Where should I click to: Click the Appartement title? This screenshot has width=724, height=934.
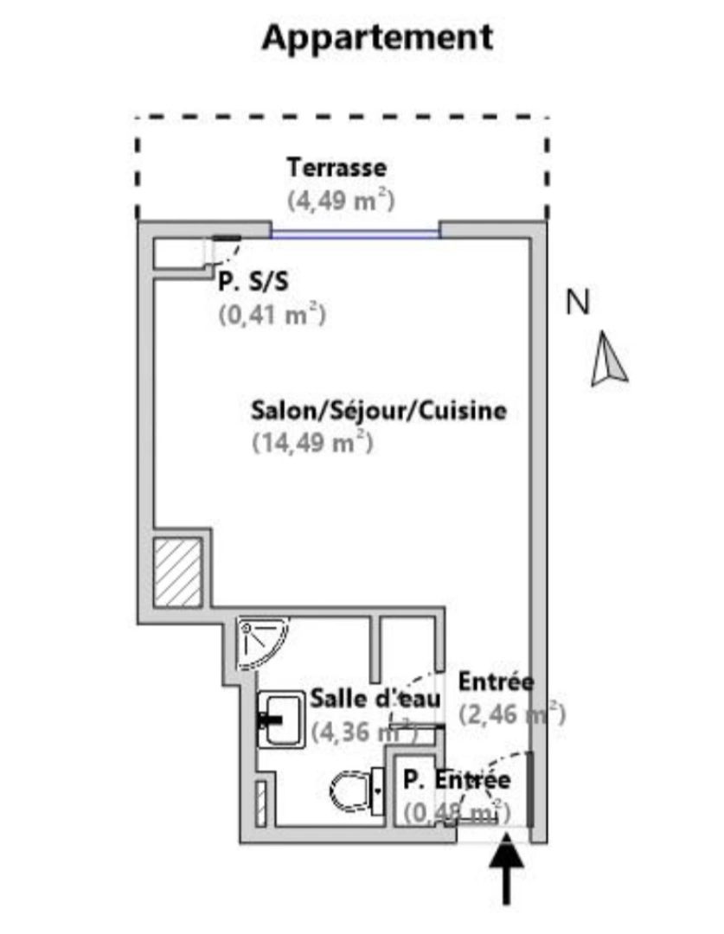(x=377, y=37)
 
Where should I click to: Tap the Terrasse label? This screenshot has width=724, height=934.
(x=336, y=167)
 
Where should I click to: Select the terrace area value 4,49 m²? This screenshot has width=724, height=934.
(x=341, y=201)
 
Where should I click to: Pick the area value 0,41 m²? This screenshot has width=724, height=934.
(x=271, y=315)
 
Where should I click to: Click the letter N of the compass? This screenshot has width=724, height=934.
(x=577, y=303)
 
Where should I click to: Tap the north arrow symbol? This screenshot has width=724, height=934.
(x=609, y=362)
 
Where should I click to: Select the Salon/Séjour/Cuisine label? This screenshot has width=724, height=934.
(x=378, y=410)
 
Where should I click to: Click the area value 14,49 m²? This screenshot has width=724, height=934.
(x=311, y=443)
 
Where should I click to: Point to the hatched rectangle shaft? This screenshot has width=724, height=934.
(x=177, y=572)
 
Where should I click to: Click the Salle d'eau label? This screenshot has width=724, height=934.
(x=375, y=697)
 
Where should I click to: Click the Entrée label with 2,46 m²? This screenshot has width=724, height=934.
(x=496, y=681)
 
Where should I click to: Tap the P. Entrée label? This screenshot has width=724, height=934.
(x=456, y=779)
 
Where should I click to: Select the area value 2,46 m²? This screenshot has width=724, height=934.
(x=511, y=714)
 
